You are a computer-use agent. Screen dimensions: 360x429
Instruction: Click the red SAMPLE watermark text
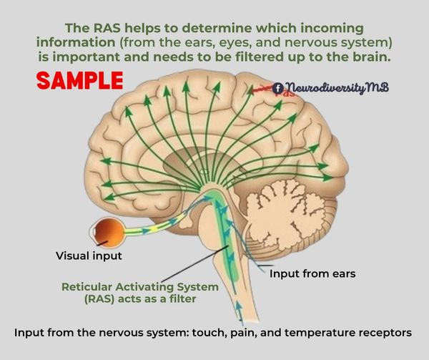(x=79, y=79)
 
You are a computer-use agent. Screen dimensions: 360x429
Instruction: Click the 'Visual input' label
(x=89, y=254)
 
